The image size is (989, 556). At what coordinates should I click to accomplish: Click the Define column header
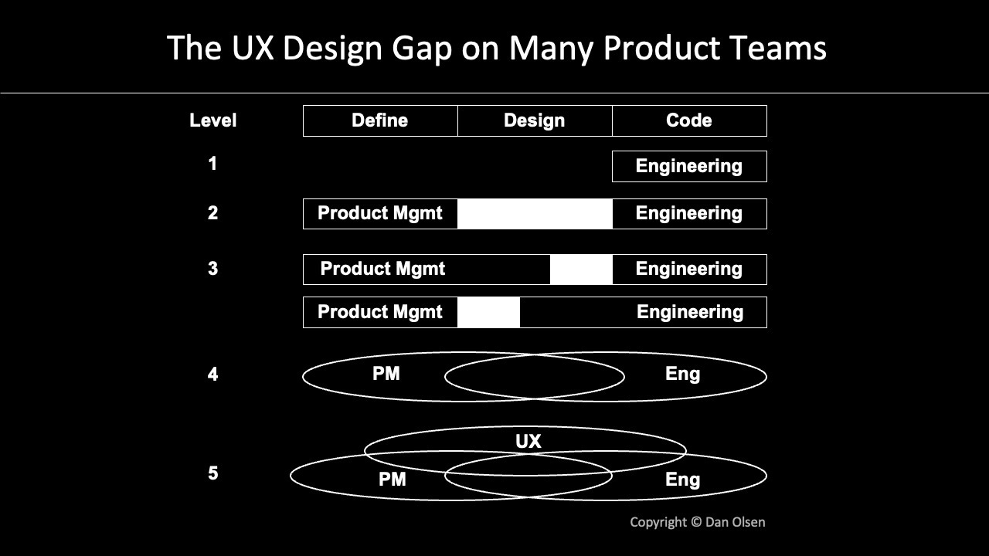coord(379,120)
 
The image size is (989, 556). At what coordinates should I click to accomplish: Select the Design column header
coord(534,120)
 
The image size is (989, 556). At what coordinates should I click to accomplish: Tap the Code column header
coord(688,120)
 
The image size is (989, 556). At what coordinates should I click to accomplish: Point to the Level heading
coord(212,120)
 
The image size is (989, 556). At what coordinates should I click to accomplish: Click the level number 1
coord(212,164)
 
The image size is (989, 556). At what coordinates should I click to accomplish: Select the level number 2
coord(212,213)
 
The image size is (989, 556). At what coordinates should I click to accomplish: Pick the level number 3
coord(212,269)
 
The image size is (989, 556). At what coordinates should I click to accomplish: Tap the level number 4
coord(212,375)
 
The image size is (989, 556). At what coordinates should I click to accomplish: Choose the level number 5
coord(212,473)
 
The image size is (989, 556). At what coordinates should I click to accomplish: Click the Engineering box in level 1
coord(688,166)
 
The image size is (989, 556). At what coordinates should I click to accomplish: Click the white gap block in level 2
coord(535,214)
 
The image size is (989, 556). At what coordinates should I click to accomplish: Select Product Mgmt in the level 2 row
coord(379,213)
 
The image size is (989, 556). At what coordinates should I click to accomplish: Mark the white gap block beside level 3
coord(581,270)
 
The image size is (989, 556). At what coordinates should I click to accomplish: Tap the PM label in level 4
coord(386,374)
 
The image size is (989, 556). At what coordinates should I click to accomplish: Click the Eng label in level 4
coord(682,374)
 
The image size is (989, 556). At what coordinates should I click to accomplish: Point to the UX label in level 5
coord(528,442)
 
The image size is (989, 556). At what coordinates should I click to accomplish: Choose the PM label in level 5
coord(392,480)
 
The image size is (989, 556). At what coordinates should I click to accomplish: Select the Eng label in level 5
coord(682,480)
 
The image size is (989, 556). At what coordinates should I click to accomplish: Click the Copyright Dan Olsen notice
coord(697,522)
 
